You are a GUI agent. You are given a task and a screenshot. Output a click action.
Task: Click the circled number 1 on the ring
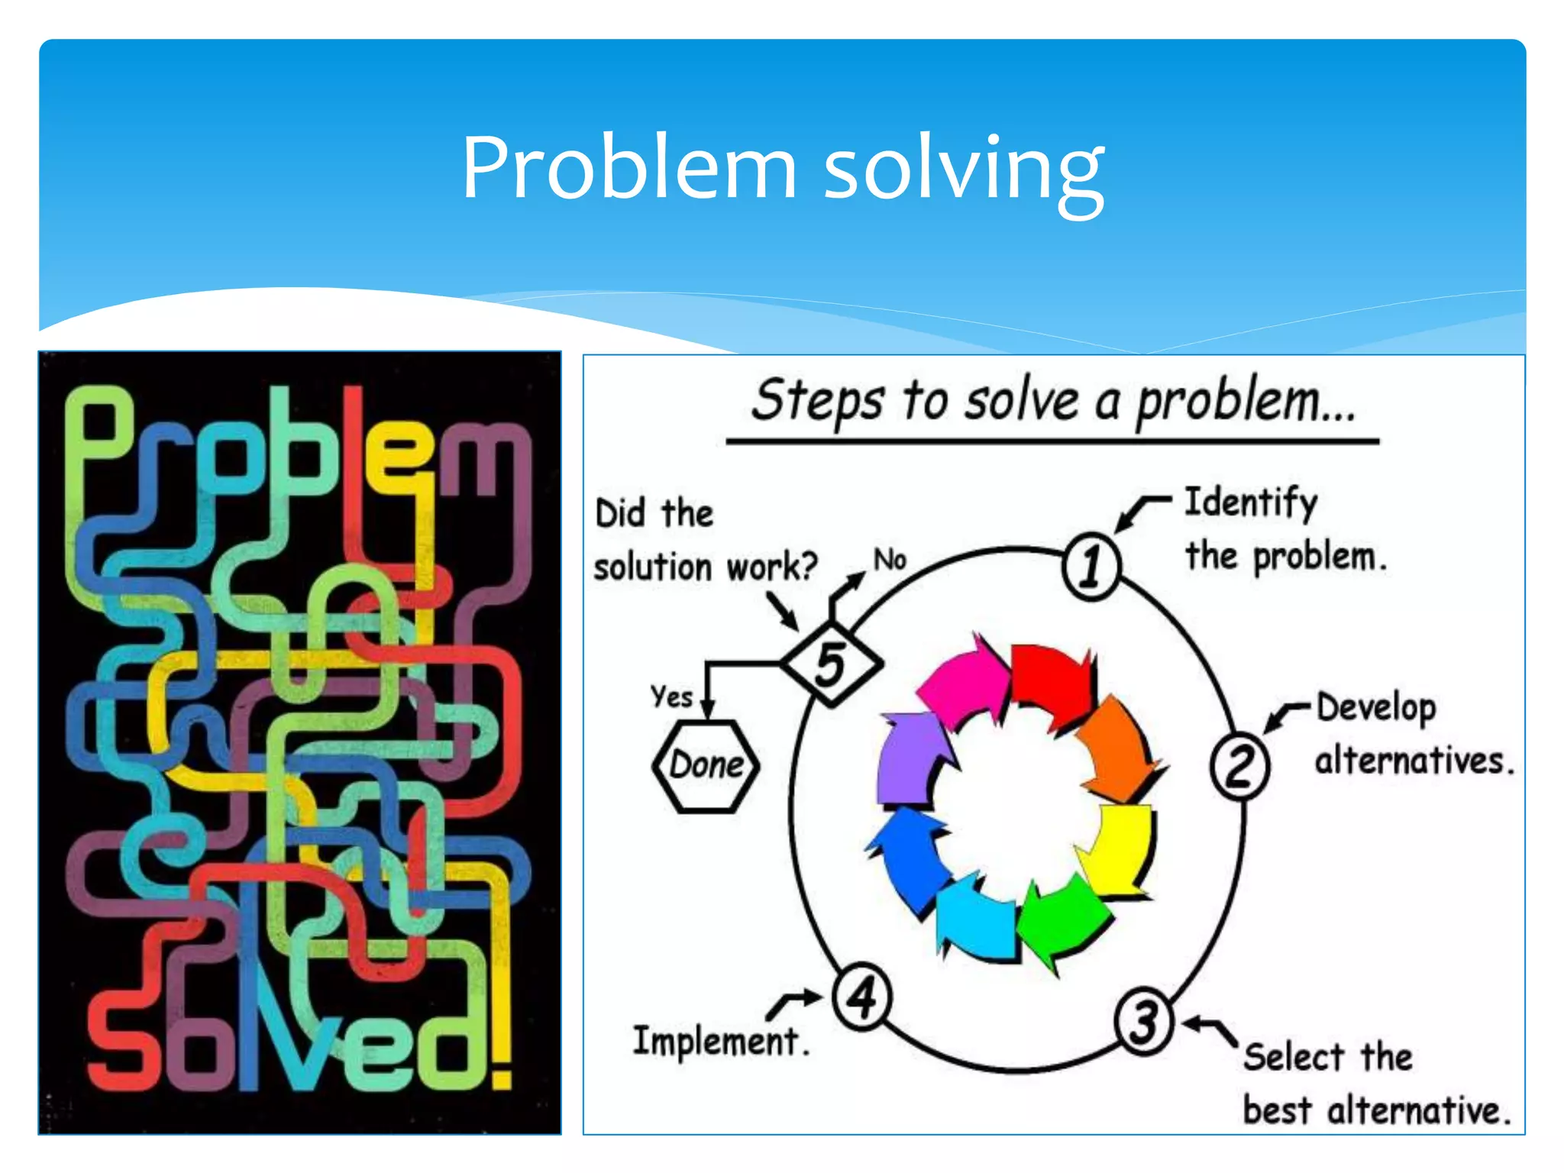[x=1091, y=567]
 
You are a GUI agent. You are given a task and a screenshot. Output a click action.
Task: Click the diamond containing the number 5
[x=832, y=664]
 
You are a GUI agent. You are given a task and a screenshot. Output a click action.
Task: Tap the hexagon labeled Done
[x=706, y=765]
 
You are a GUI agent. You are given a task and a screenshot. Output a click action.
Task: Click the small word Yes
[x=671, y=696]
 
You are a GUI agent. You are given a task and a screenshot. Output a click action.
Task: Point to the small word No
[x=890, y=560]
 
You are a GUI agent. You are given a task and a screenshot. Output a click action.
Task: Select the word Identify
[x=1251, y=504]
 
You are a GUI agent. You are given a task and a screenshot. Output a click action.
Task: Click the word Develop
[x=1376, y=709]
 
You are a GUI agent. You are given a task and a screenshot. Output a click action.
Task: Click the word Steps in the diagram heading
[x=817, y=400]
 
